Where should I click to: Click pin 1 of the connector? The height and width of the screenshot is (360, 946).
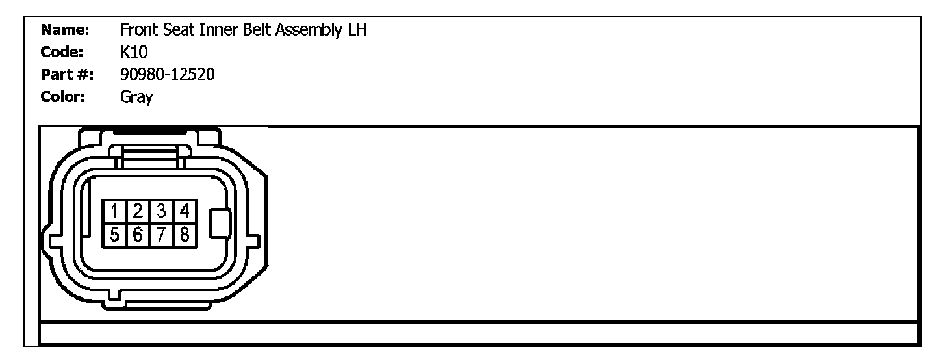point(114,211)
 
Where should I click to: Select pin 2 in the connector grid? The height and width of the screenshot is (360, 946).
point(138,211)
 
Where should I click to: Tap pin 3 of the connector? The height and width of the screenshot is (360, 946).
point(161,211)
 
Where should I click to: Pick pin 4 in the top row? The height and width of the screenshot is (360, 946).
point(185,211)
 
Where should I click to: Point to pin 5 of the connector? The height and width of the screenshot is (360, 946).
point(114,235)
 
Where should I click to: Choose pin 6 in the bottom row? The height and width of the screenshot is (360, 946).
point(138,235)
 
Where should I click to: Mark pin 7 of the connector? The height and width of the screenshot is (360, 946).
point(161,235)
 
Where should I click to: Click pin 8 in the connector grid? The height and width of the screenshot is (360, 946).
point(185,235)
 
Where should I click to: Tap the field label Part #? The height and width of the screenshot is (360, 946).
point(67,75)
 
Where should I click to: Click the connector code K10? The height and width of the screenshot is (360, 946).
point(134,53)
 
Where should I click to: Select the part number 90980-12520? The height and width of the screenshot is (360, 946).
point(168,75)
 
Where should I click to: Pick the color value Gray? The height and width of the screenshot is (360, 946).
point(136,98)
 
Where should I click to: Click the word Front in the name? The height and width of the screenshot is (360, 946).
point(138,30)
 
